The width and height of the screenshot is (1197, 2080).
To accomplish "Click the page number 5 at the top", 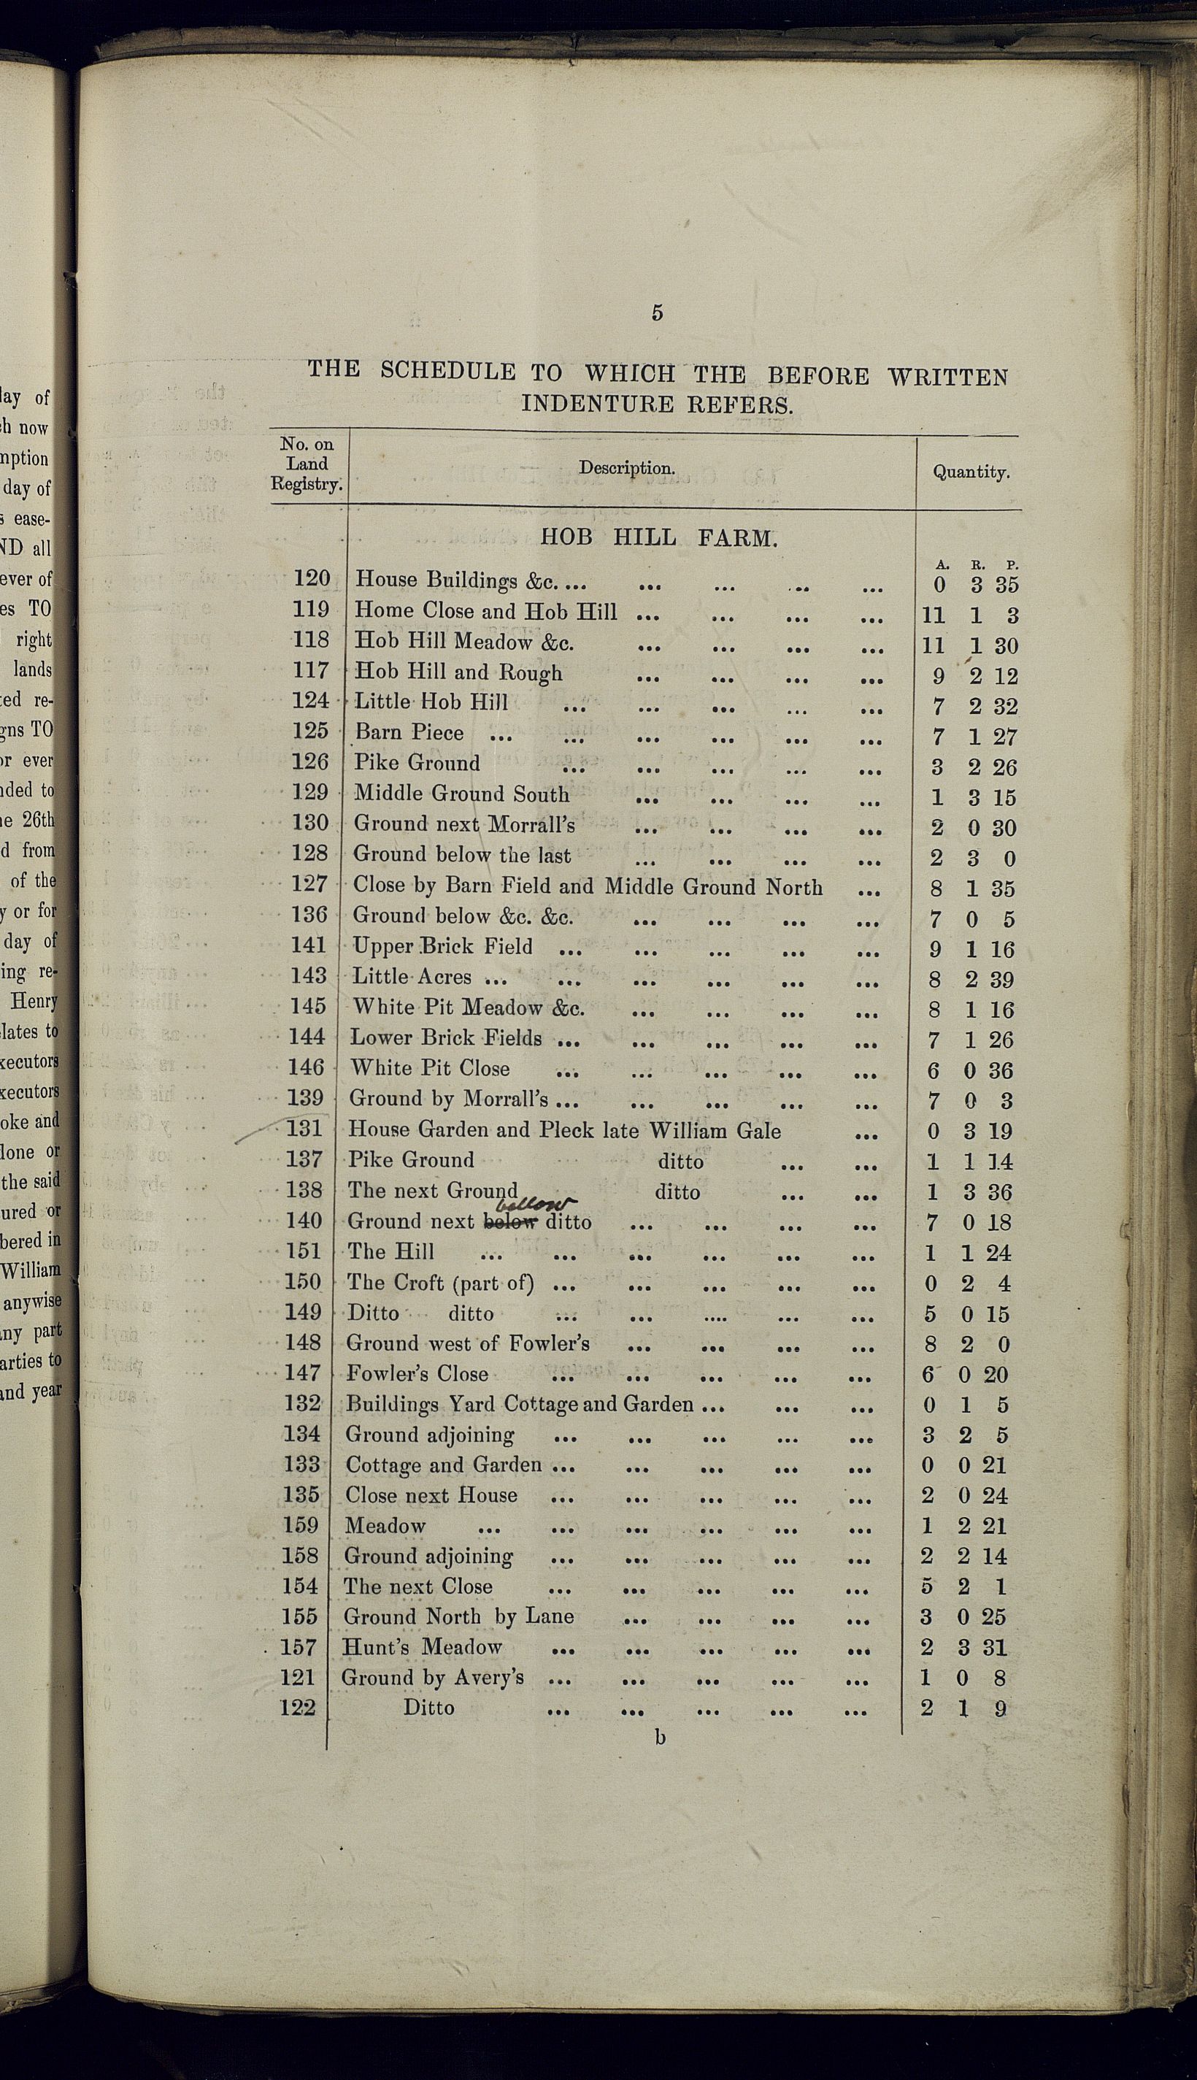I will coord(657,312).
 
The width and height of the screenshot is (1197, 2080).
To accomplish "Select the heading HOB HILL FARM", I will coord(658,539).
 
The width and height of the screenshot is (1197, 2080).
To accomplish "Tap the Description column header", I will coord(626,468).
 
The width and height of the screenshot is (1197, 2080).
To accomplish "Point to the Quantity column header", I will coord(971,472).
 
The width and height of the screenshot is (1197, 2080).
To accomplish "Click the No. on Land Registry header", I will coord(307,464).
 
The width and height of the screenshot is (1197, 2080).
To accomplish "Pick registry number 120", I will coord(312,579).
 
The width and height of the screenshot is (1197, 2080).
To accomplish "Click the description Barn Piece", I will coord(409,732).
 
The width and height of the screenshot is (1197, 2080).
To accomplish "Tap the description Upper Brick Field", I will coord(442,946).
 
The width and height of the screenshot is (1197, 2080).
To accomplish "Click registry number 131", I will coord(304,1129).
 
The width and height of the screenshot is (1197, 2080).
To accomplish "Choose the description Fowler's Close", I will coord(417,1373).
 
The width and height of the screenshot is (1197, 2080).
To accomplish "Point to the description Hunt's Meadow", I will coord(422,1647).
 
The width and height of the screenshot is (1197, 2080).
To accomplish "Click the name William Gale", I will coord(715,1130).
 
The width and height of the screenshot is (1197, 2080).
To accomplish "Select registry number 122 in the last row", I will coord(297,1708).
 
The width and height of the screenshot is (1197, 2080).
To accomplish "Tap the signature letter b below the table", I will coord(659,1737).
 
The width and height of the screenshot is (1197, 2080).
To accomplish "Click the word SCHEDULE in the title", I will coord(447,371).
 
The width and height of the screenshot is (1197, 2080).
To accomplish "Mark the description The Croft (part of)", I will coord(440,1283).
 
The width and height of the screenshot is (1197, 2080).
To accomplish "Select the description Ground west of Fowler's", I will coord(468,1343).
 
